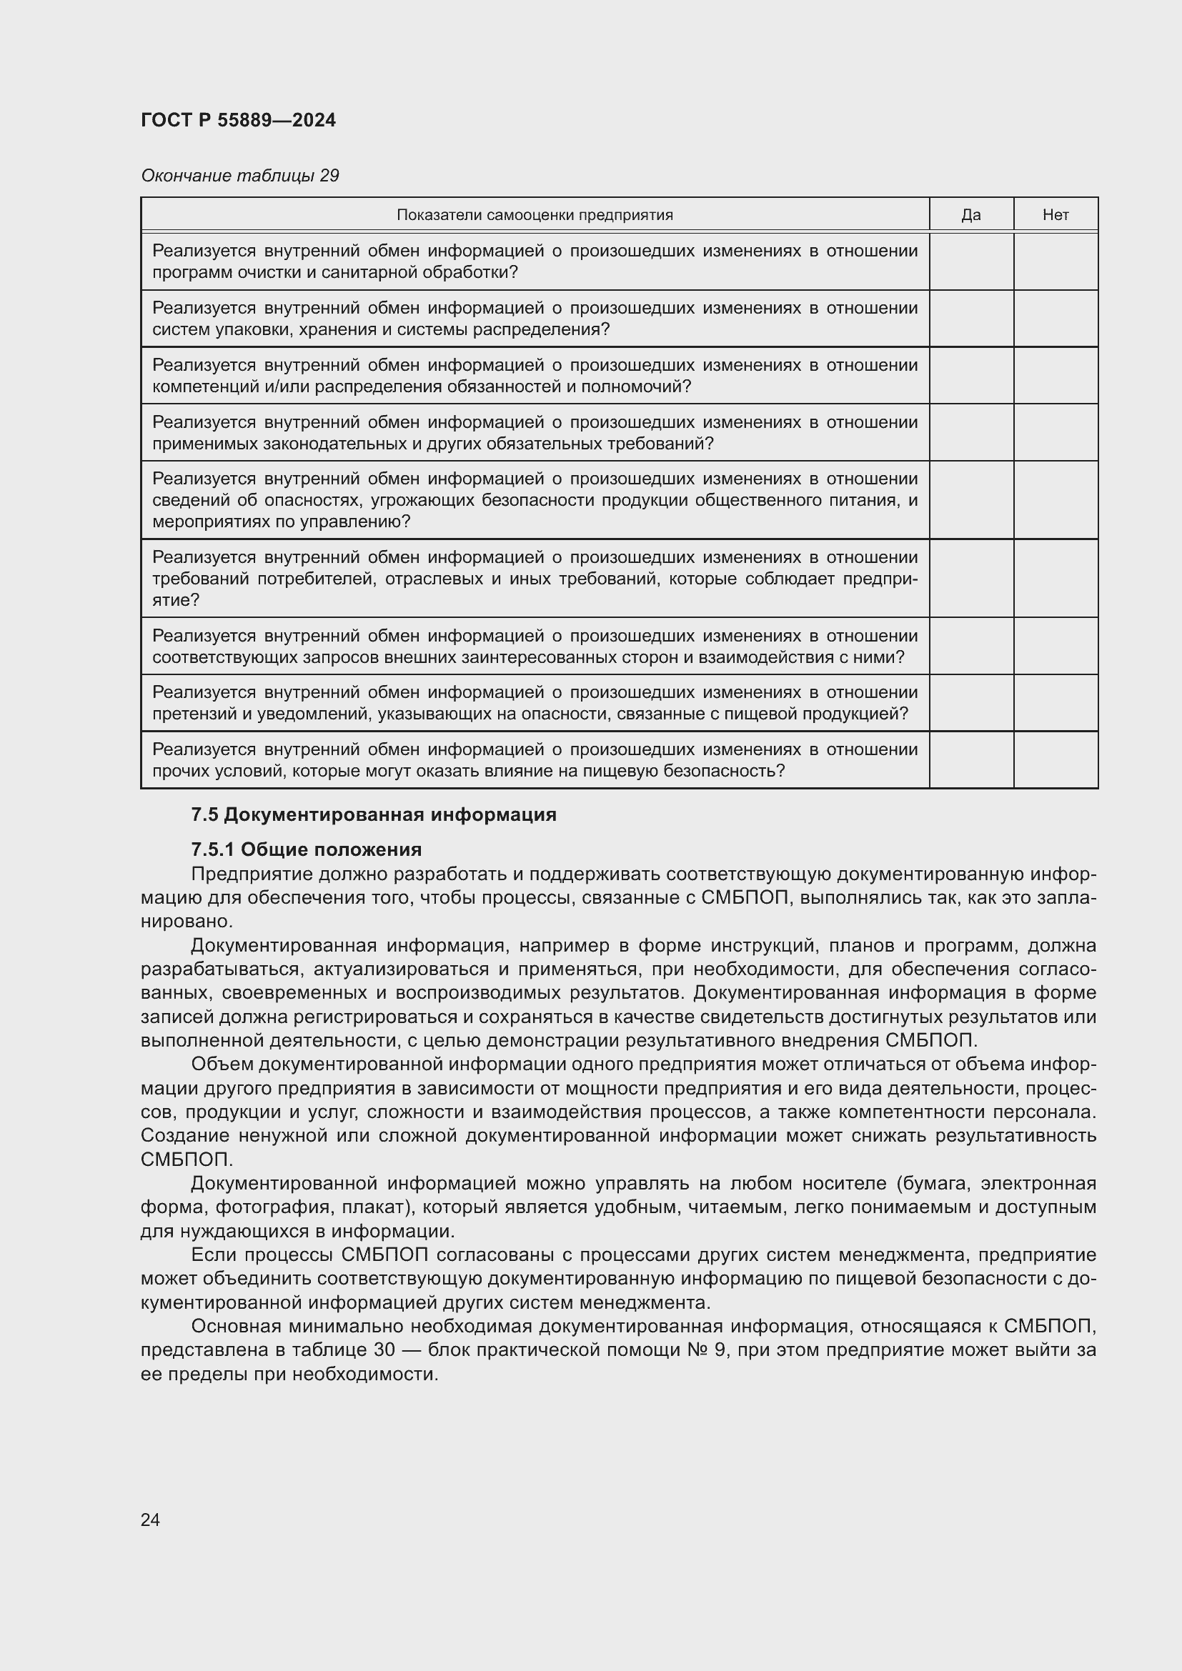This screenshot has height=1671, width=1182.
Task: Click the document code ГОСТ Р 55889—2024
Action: [x=238, y=120]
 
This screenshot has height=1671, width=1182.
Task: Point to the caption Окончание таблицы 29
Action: [x=239, y=176]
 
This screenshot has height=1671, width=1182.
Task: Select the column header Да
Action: [x=971, y=215]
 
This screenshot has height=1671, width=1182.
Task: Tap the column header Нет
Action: [x=1056, y=215]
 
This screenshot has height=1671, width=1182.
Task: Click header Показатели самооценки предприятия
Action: [x=535, y=215]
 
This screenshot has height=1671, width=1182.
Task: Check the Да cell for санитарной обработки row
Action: [x=971, y=261]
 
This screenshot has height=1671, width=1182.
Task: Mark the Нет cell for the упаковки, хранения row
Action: [x=1056, y=318]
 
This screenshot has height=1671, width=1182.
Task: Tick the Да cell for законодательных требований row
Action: [x=971, y=432]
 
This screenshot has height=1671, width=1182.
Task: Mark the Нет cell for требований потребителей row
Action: [x=1056, y=579]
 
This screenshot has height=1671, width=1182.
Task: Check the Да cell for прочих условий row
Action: [x=971, y=760]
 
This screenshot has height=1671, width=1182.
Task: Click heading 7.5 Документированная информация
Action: [x=373, y=814]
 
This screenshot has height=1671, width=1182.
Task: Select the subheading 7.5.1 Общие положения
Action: [x=307, y=849]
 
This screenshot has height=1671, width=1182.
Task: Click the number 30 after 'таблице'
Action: [x=384, y=1350]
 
